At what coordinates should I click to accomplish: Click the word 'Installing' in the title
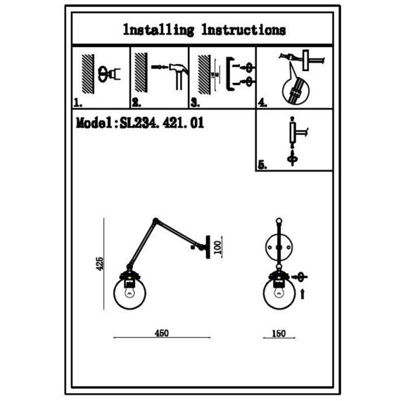click(158, 30)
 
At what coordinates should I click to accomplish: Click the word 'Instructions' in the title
click(243, 30)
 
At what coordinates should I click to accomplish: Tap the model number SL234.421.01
click(162, 123)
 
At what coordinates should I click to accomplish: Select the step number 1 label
click(78, 103)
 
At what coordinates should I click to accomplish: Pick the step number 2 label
click(136, 103)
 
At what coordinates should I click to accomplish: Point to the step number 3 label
click(195, 103)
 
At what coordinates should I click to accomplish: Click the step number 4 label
click(262, 103)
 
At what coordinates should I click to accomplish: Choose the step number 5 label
click(262, 165)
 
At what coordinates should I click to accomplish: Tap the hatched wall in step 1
click(88, 74)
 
